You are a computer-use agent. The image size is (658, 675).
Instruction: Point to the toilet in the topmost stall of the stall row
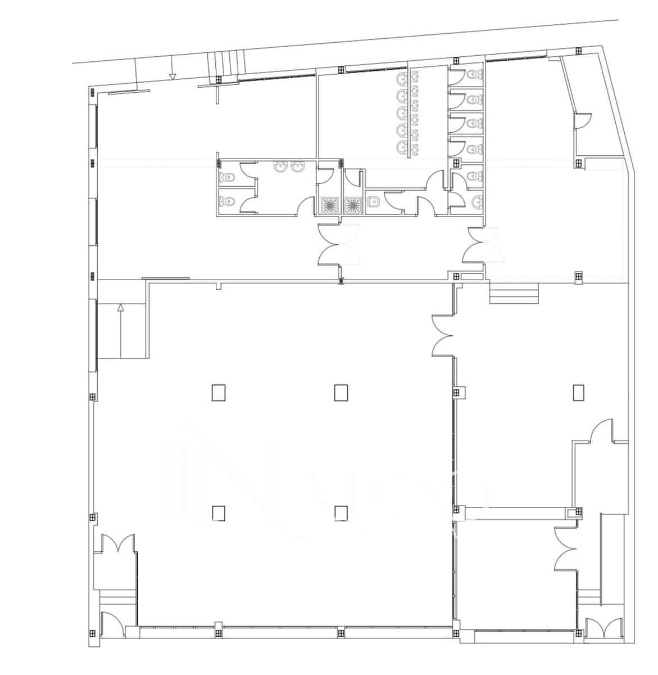(x=475, y=75)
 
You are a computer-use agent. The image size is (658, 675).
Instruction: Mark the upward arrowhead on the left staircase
(x=120, y=307)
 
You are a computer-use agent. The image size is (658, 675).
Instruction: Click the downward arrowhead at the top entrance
(x=173, y=76)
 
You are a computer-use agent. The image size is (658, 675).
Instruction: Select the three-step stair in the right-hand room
(x=514, y=294)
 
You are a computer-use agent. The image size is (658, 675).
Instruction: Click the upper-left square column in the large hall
(x=219, y=392)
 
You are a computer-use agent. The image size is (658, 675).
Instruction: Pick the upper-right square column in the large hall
(x=341, y=392)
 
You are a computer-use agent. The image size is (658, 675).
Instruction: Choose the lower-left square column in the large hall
(x=219, y=513)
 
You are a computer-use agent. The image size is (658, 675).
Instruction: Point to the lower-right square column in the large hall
(x=341, y=513)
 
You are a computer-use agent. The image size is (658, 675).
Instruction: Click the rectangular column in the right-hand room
(x=579, y=392)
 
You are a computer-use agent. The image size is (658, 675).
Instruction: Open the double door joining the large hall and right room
(x=444, y=336)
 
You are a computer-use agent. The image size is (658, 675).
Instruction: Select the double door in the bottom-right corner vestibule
(x=603, y=628)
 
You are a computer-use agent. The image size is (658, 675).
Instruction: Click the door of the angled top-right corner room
(x=583, y=121)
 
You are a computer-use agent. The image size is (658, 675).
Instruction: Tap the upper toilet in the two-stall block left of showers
(x=227, y=177)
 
